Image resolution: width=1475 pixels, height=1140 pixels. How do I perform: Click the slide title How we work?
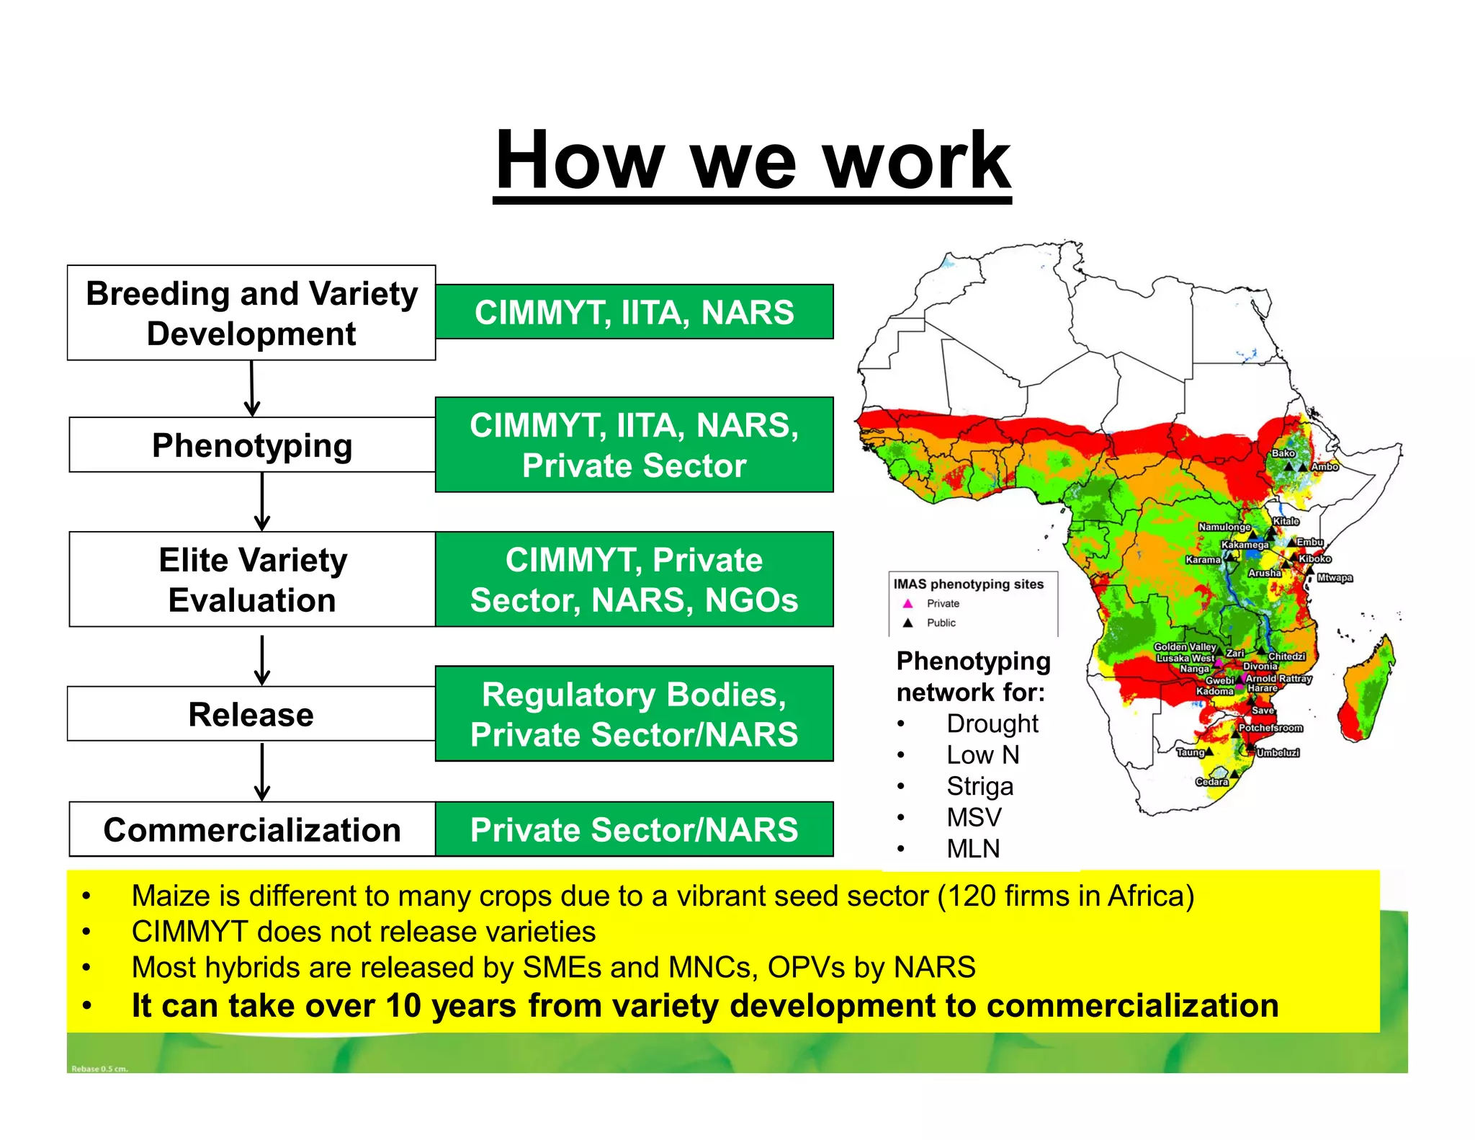point(753,160)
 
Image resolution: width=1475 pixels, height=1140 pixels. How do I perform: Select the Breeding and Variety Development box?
point(251,313)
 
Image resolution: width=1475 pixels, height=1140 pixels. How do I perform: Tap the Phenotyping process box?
point(252,445)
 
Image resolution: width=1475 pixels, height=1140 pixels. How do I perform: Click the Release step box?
point(251,714)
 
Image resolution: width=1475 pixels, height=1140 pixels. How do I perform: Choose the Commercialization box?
point(252,829)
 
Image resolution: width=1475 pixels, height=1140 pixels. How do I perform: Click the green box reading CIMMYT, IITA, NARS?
point(634,312)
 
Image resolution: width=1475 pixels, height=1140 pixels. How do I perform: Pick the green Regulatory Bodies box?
point(634,714)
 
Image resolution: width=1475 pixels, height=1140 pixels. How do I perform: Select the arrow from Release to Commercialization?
point(262,771)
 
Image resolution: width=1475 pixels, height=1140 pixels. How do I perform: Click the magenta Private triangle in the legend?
point(907,603)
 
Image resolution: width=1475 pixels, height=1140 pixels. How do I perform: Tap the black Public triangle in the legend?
point(907,623)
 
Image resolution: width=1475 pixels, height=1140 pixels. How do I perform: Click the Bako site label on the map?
point(1283,453)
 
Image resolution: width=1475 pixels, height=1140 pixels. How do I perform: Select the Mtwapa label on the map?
point(1335,578)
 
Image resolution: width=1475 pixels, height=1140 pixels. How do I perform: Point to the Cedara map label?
point(1211,782)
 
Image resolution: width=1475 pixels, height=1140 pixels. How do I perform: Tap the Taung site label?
point(1191,752)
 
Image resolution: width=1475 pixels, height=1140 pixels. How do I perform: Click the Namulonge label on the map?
point(1224,527)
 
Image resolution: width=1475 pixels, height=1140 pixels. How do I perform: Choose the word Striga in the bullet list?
point(979,786)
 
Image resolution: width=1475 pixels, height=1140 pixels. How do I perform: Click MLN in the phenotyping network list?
point(973,849)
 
